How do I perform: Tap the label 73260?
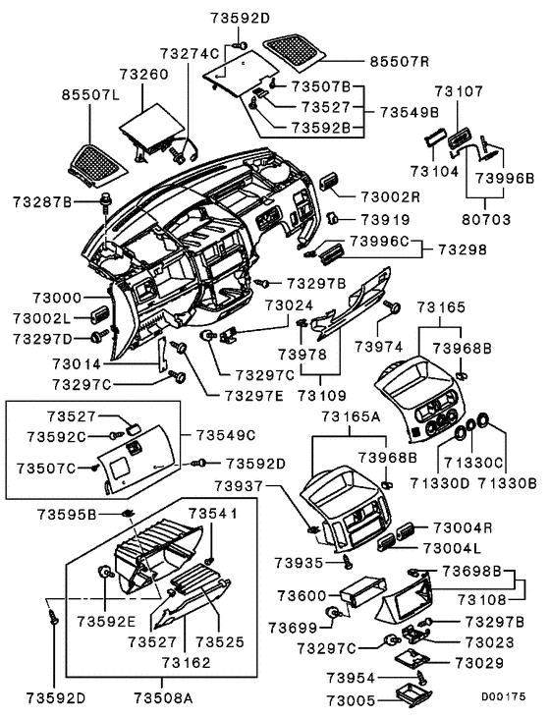(x=144, y=74)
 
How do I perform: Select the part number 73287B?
(x=42, y=201)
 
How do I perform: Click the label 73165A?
(x=349, y=415)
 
